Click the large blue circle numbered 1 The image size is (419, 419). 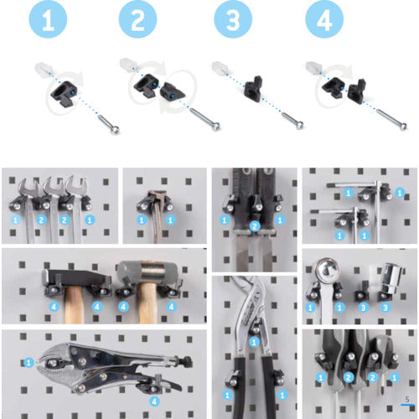tap(48, 19)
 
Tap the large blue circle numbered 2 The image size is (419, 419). tap(137, 19)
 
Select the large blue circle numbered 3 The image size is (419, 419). tap(233, 19)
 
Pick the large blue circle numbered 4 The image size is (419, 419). tap(324, 19)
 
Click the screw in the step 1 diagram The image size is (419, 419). tap(108, 125)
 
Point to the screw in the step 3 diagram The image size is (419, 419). tap(292, 121)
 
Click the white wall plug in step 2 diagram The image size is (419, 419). tap(128, 64)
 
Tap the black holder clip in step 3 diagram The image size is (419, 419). tap(253, 88)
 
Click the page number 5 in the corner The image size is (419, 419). tap(407, 400)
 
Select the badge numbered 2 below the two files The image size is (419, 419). tap(255, 226)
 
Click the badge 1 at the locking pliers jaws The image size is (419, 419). tap(28, 363)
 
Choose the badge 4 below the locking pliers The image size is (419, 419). tap(154, 401)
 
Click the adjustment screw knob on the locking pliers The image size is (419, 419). tap(185, 361)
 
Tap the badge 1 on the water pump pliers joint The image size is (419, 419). tap(254, 342)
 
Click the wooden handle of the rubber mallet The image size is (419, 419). tap(147, 303)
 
